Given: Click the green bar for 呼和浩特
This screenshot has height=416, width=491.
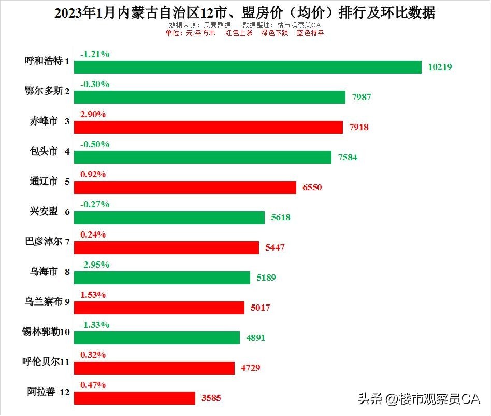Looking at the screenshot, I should point(248,67).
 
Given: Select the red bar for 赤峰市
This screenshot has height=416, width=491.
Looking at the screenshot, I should point(208,128).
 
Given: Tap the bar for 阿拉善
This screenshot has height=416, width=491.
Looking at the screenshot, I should point(135,398).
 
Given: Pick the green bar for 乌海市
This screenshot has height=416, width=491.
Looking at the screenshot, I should point(162,278).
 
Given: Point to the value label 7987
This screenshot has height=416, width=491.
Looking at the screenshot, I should point(362,97).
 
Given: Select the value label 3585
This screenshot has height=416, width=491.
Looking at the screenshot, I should point(211,398).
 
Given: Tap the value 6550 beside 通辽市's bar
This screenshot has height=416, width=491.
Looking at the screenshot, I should point(312,187).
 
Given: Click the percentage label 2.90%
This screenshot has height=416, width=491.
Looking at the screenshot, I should point(93,114).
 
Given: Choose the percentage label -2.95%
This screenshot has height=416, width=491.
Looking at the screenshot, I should point(95,265).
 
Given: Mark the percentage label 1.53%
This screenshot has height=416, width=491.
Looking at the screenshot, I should point(93,295).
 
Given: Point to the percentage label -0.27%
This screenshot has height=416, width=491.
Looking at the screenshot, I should point(95,204).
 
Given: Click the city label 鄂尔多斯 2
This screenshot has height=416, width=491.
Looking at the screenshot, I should point(47,91).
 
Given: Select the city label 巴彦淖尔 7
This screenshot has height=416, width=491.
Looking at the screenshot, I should point(47,242).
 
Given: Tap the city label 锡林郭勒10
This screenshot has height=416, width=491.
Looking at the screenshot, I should point(47,332).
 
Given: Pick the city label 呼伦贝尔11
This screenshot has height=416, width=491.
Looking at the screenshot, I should point(47,362).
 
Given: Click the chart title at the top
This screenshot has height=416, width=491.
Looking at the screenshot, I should point(245,13).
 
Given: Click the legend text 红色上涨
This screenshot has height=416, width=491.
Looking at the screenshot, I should point(239,33).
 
